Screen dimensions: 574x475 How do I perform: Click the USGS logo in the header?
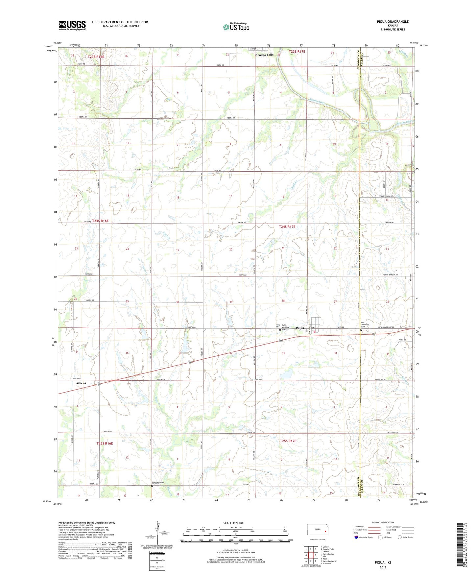click(x=72, y=25)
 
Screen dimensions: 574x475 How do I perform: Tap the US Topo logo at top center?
click(x=236, y=27)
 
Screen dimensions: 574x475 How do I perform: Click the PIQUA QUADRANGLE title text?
click(x=392, y=22)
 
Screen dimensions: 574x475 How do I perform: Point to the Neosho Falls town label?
click(x=264, y=55)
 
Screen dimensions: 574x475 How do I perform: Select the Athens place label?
click(x=81, y=383)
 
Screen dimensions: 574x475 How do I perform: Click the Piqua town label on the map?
click(x=299, y=328)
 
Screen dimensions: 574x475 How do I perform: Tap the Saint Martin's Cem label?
click(x=286, y=327)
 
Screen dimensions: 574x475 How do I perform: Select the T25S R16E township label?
click(x=105, y=443)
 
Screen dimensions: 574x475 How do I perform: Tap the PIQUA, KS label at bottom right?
click(x=383, y=562)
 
